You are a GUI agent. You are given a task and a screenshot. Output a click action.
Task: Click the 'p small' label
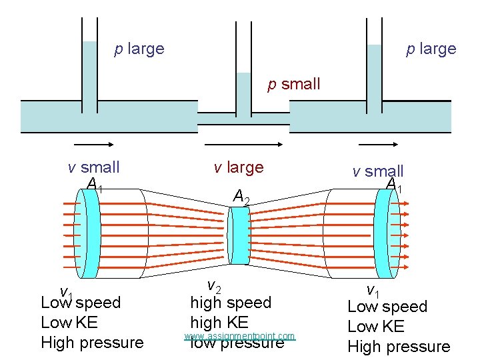pyautogui.click(x=293, y=84)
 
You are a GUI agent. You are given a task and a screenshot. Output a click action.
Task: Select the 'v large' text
pyautogui.click(x=239, y=167)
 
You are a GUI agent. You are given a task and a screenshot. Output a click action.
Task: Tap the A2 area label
pyautogui.click(x=241, y=196)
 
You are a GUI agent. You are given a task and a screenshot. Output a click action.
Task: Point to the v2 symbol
pyautogui.click(x=214, y=286)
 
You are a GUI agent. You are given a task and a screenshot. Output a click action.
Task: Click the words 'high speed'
pyautogui.click(x=231, y=303)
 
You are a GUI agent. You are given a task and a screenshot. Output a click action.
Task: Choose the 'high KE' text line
pyautogui.click(x=219, y=323)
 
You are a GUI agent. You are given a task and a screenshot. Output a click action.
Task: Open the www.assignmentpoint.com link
pyautogui.click(x=239, y=336)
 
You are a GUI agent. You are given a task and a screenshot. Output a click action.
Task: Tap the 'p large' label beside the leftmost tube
pyautogui.click(x=139, y=49)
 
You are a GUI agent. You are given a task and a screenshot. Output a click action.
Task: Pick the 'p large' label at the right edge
pyautogui.click(x=431, y=49)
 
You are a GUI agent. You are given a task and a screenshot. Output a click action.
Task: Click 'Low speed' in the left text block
pyautogui.click(x=81, y=303)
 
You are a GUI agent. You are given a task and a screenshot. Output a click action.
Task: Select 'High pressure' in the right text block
pyautogui.click(x=399, y=347)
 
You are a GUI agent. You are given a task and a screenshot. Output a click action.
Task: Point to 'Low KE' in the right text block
pyautogui.click(x=376, y=327)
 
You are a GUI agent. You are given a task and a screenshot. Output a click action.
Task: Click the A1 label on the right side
pyautogui.click(x=395, y=185)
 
